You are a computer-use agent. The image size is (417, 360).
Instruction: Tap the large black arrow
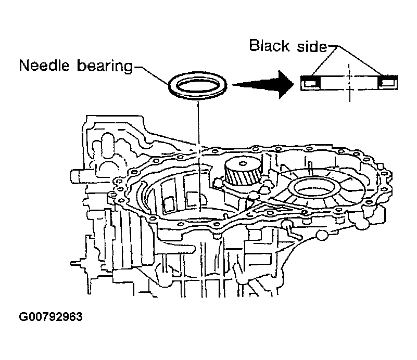pyautogui.click(x=263, y=84)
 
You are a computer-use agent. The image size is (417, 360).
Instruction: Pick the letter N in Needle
pyautogui.click(x=23, y=67)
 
